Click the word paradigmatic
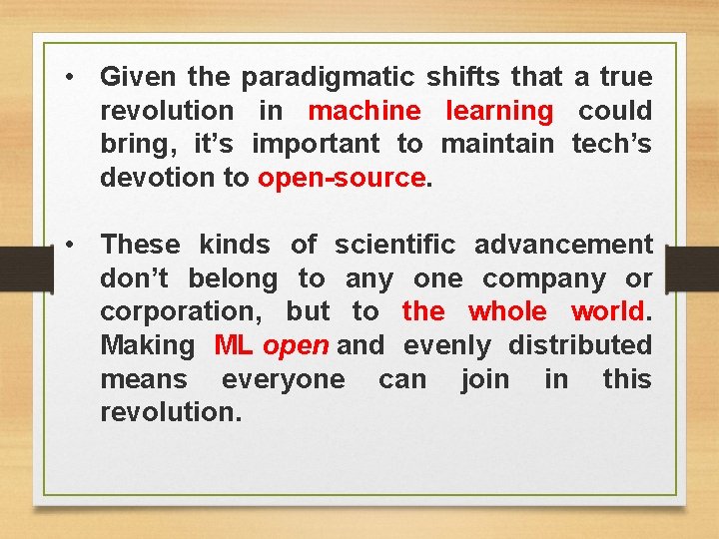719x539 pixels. click(x=320, y=77)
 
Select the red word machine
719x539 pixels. click(x=365, y=111)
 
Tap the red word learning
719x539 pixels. click(x=498, y=111)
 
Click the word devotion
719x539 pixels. click(x=149, y=178)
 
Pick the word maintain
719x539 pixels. click(x=496, y=144)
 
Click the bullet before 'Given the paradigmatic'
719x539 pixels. click(x=68, y=76)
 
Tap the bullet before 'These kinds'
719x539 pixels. click(x=68, y=244)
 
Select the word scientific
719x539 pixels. click(x=395, y=245)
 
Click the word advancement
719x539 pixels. click(x=563, y=245)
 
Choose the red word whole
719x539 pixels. click(x=507, y=311)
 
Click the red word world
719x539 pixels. click(x=608, y=311)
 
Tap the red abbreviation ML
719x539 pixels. click(x=234, y=345)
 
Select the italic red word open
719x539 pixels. click(x=296, y=345)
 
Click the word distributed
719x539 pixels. click(x=579, y=345)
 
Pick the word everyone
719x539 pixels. click(x=283, y=379)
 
